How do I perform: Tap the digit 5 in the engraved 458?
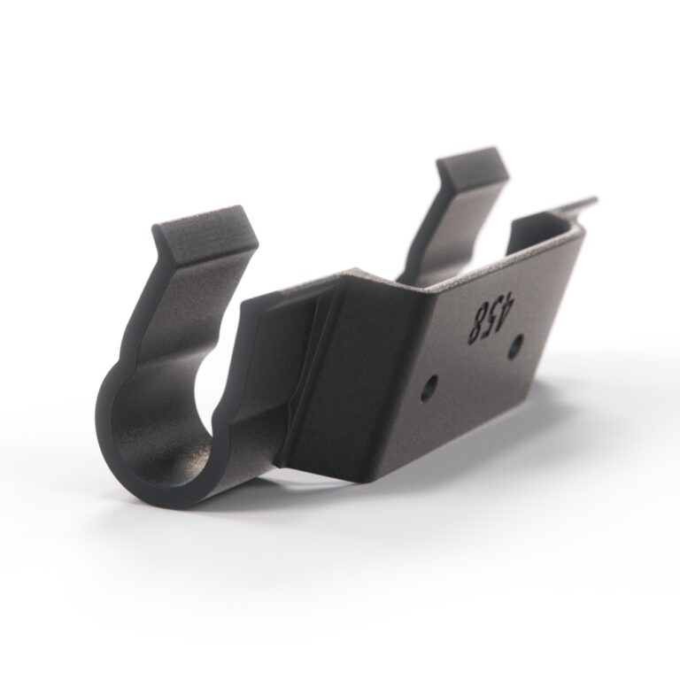tap(486, 320)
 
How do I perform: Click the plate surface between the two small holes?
tap(473, 367)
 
